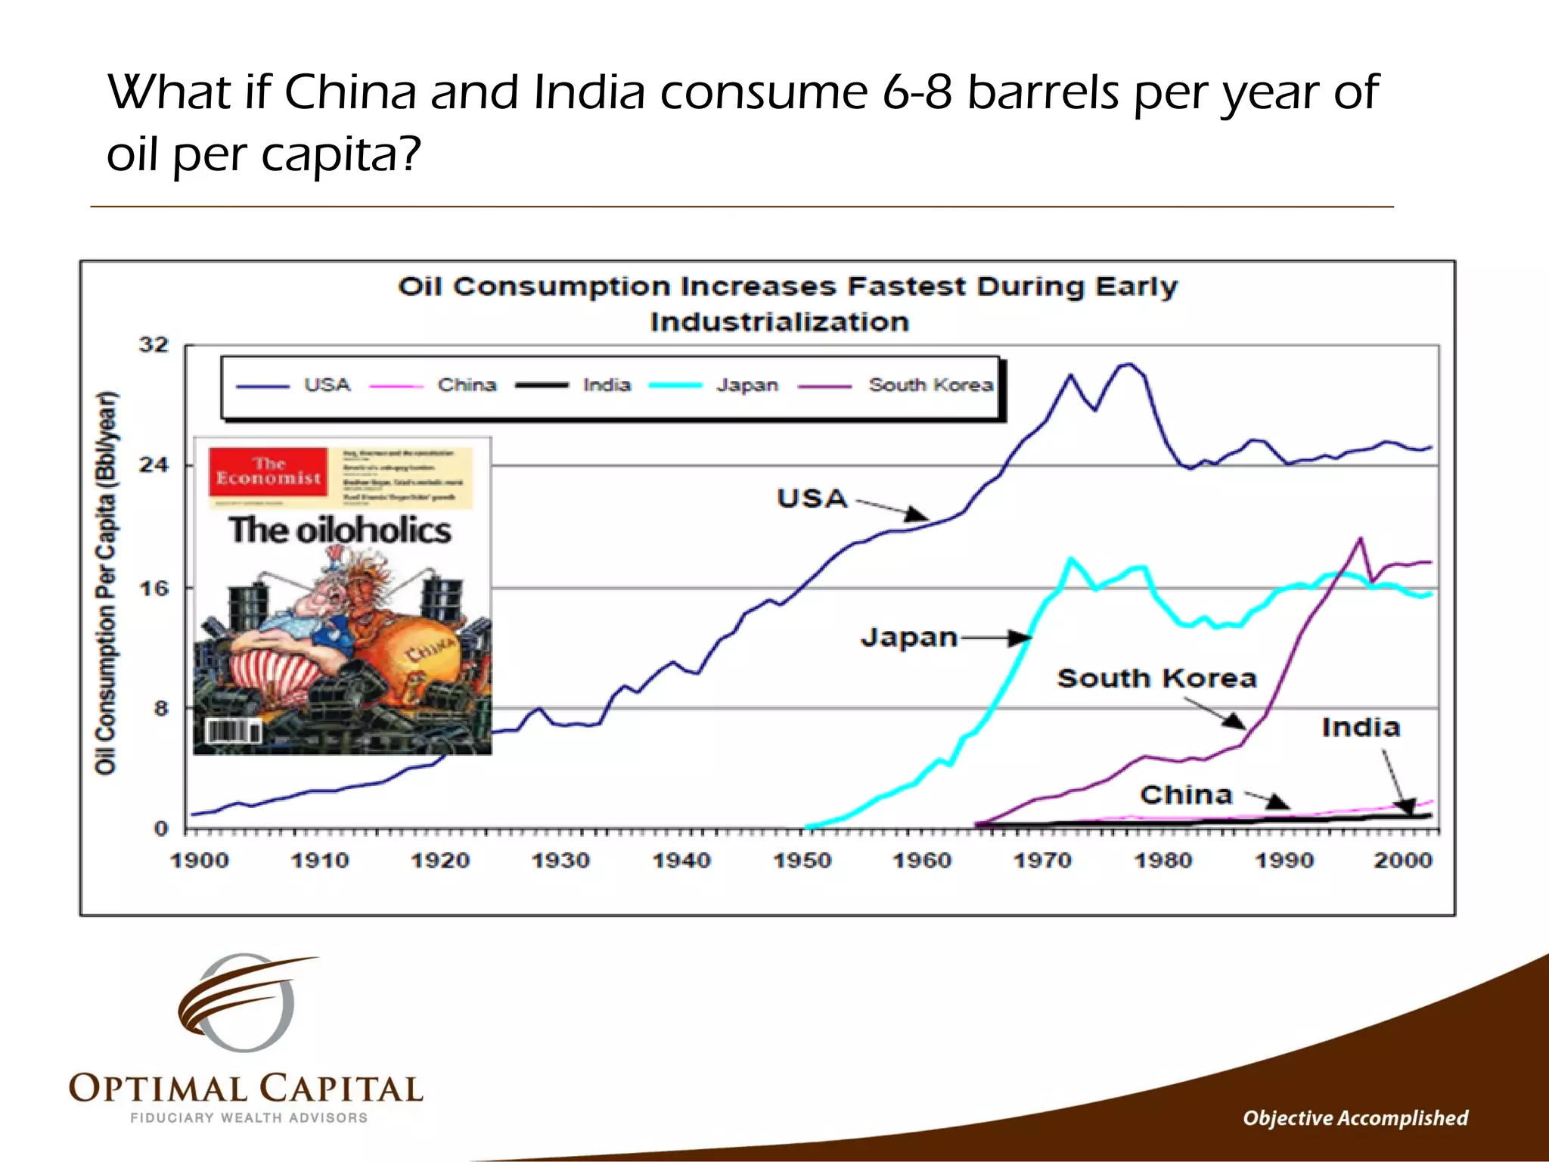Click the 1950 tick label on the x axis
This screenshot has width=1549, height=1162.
pos(802,860)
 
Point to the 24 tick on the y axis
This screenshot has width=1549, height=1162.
pos(154,464)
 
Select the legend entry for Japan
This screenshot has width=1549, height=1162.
pos(747,385)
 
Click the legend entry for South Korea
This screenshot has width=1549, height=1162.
pos(930,385)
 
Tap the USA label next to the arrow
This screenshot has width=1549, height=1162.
pos(812,499)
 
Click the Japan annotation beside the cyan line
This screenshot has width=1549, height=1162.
pos(908,637)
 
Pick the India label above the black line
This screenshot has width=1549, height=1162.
pos(1360,727)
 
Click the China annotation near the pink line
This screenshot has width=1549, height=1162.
pos(1186,794)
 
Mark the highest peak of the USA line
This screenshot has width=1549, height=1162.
pos(1128,365)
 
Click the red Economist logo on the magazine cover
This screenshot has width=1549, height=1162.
pos(269,471)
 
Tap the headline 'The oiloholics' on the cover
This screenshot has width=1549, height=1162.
pos(340,530)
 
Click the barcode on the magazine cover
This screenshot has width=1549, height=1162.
pos(234,732)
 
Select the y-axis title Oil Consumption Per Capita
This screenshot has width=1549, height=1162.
pos(106,583)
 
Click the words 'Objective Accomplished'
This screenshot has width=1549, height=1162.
pos(1355,1117)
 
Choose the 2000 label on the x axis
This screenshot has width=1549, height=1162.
pos(1403,860)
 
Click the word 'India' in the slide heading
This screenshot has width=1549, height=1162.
pos(588,92)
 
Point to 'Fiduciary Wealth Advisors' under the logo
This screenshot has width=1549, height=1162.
pos(249,1117)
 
